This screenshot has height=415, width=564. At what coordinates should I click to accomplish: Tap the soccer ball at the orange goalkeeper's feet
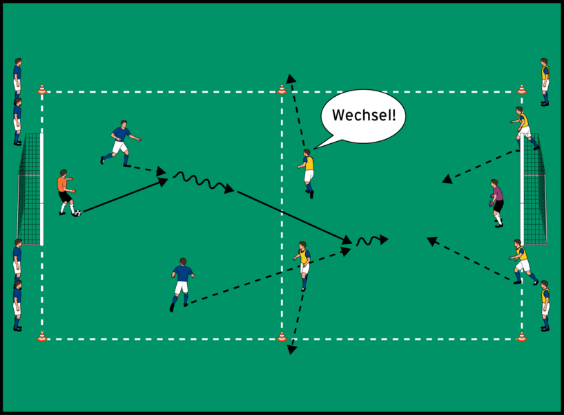(77, 213)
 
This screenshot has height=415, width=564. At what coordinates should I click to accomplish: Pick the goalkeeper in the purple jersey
(496, 202)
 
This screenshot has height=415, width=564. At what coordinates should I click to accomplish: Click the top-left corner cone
(41, 89)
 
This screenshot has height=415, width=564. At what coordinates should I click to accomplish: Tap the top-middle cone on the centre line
(281, 89)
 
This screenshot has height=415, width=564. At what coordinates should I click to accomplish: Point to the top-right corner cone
(521, 89)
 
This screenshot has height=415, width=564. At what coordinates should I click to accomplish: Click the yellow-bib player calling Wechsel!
(307, 172)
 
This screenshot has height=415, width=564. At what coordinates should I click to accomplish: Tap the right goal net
(535, 190)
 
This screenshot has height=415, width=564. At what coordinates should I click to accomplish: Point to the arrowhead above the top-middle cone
(291, 78)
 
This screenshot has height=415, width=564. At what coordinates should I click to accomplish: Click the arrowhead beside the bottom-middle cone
(291, 350)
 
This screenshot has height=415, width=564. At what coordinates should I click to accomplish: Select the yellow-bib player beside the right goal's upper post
(524, 127)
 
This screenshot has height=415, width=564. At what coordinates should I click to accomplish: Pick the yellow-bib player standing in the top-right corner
(545, 81)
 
